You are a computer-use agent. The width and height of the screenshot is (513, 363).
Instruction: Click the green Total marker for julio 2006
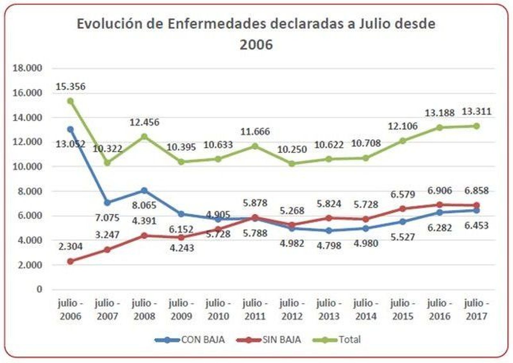tap(70, 101)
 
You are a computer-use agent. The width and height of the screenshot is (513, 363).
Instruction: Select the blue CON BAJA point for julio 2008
tap(144, 191)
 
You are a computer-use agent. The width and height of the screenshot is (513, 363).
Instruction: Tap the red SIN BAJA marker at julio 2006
tap(70, 261)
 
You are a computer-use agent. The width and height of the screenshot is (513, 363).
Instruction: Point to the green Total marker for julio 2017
tap(476, 126)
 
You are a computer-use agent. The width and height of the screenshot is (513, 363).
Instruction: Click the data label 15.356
tap(70, 86)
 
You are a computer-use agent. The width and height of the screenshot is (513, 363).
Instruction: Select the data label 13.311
tap(476, 111)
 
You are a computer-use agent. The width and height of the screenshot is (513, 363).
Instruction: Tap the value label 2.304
tap(70, 246)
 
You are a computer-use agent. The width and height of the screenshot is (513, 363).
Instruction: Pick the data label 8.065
tap(144, 205)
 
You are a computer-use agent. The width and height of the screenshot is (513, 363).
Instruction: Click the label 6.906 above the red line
tap(440, 191)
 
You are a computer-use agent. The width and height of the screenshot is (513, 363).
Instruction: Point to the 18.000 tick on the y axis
tap(27, 68)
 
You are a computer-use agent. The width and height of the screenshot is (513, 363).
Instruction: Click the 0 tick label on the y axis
tap(39, 289)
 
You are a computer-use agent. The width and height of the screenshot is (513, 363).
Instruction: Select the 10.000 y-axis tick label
tap(27, 167)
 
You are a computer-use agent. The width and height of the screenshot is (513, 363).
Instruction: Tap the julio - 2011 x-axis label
tap(255, 309)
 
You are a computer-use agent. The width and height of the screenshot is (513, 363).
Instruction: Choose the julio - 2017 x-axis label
tap(476, 309)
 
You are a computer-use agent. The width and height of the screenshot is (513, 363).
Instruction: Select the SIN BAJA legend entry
tap(281, 340)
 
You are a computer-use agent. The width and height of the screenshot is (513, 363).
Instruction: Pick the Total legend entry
tap(349, 340)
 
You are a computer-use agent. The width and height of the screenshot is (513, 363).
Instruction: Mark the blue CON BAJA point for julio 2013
tap(329, 231)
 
